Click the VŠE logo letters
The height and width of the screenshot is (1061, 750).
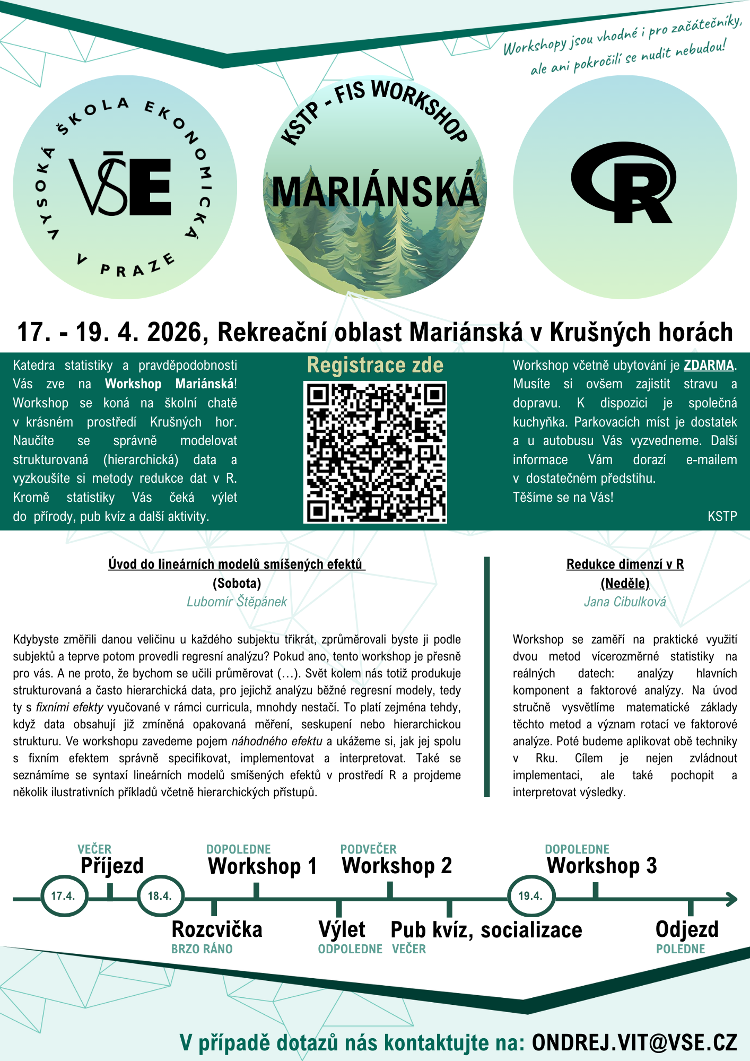(121, 186)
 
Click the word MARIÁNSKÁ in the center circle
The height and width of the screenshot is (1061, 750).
(375, 192)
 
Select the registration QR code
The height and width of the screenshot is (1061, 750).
(375, 452)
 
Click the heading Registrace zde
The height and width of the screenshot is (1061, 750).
(375, 366)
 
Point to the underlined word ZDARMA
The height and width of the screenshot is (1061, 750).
(709, 366)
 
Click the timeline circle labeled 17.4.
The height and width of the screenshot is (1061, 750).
(64, 896)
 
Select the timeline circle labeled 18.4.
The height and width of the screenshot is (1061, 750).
(160, 896)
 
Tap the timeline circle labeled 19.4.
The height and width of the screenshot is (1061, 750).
(531, 896)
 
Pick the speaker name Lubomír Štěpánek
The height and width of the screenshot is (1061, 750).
(237, 602)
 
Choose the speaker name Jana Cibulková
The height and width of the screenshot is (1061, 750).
(625, 602)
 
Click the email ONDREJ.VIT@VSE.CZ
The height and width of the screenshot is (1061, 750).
(634, 1042)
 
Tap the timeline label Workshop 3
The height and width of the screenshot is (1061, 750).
(601, 866)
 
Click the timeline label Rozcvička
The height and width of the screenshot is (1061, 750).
(217, 929)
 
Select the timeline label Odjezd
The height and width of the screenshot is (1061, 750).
(687, 929)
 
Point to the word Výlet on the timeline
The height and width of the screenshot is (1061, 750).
(342, 929)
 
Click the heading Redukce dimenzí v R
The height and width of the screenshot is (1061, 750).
(625, 564)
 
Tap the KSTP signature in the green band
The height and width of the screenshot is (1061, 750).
(722, 516)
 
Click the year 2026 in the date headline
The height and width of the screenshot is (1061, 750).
(174, 332)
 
